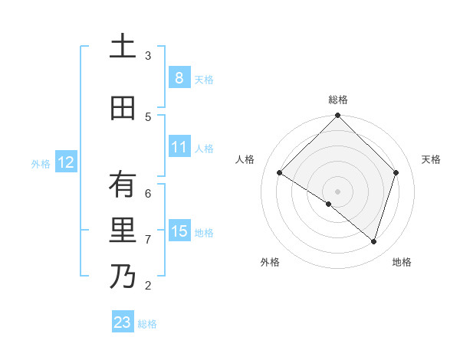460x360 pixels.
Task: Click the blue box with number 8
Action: [179, 77]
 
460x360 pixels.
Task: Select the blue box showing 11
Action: [179, 148]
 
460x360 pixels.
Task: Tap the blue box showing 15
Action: [179, 231]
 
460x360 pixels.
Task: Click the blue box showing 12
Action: [66, 162]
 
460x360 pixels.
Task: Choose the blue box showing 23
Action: [123, 322]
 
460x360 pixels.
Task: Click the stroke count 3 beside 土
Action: [148, 55]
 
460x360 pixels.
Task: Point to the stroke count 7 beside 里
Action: [148, 240]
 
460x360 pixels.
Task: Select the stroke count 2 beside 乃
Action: [148, 286]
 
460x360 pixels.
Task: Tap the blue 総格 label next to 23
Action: [147, 324]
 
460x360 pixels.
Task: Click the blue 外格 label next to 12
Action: [41, 163]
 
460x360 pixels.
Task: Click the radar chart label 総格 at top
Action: [337, 100]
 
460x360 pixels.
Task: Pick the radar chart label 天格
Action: [431, 159]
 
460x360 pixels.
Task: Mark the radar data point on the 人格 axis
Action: [280, 173]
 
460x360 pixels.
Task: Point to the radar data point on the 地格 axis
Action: [373, 241]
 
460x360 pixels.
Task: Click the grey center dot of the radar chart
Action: [337, 191]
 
